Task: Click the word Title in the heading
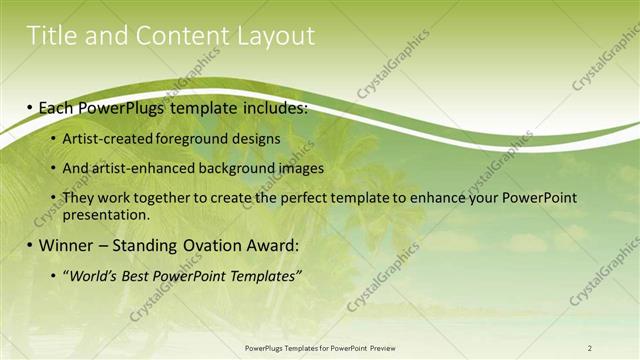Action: tap(52, 36)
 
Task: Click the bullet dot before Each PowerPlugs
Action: tap(31, 107)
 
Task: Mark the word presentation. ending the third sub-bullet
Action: tap(105, 214)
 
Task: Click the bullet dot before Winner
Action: tap(31, 245)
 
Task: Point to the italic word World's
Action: tap(93, 275)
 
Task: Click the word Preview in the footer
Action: tap(378, 347)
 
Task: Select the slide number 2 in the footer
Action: tap(590, 347)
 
